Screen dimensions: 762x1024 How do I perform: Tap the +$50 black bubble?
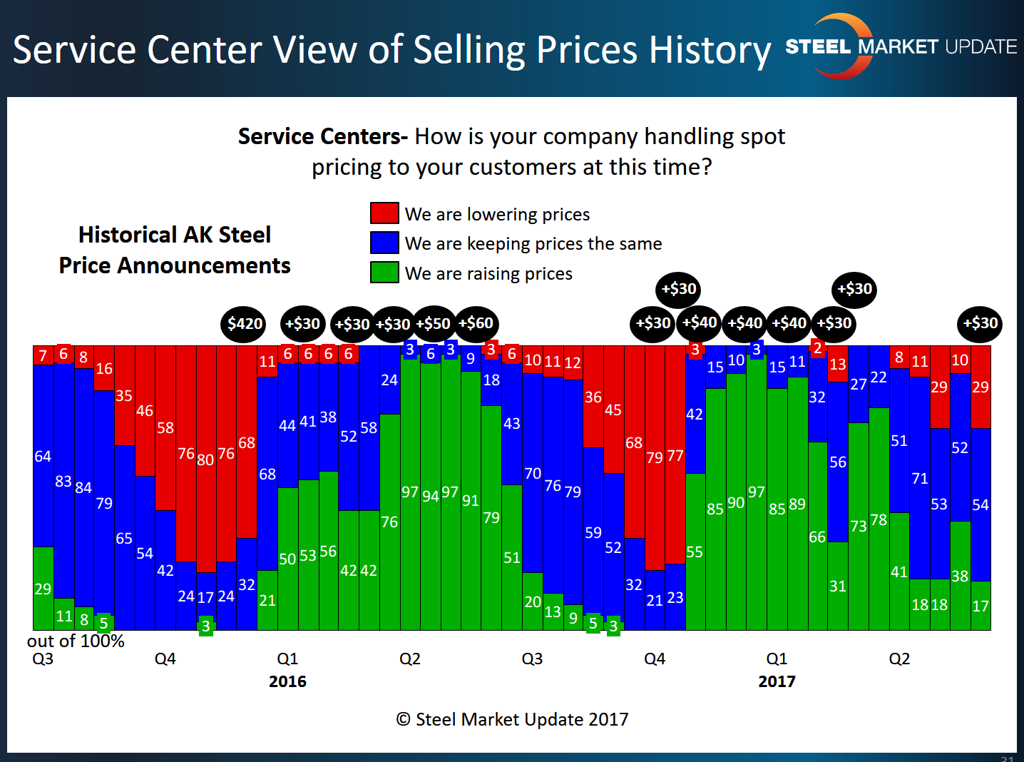tap(433, 324)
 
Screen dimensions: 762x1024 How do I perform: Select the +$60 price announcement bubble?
tap(476, 323)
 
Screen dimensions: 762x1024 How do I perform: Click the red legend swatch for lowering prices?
tap(384, 213)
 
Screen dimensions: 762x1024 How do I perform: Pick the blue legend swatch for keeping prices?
tap(384, 243)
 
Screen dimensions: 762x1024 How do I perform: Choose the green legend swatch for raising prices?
tap(384, 273)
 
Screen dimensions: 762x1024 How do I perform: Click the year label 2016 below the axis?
tap(287, 681)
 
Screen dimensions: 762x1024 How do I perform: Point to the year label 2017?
tap(777, 681)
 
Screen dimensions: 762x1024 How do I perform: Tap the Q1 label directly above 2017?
tap(777, 659)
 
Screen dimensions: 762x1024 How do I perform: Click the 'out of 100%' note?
tap(76, 641)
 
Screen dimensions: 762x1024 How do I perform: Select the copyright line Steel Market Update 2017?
tap(512, 719)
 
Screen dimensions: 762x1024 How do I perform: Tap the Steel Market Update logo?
tap(900, 47)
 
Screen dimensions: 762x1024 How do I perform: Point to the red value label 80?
tap(205, 459)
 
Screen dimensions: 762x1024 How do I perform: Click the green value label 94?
tap(430, 496)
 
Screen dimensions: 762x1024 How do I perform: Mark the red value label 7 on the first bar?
tap(43, 355)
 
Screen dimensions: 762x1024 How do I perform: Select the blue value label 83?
tap(63, 482)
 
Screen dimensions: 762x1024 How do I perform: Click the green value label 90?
tap(736, 503)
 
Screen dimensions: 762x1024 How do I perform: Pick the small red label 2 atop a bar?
tap(818, 348)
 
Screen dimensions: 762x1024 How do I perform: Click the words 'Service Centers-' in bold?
tap(322, 136)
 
